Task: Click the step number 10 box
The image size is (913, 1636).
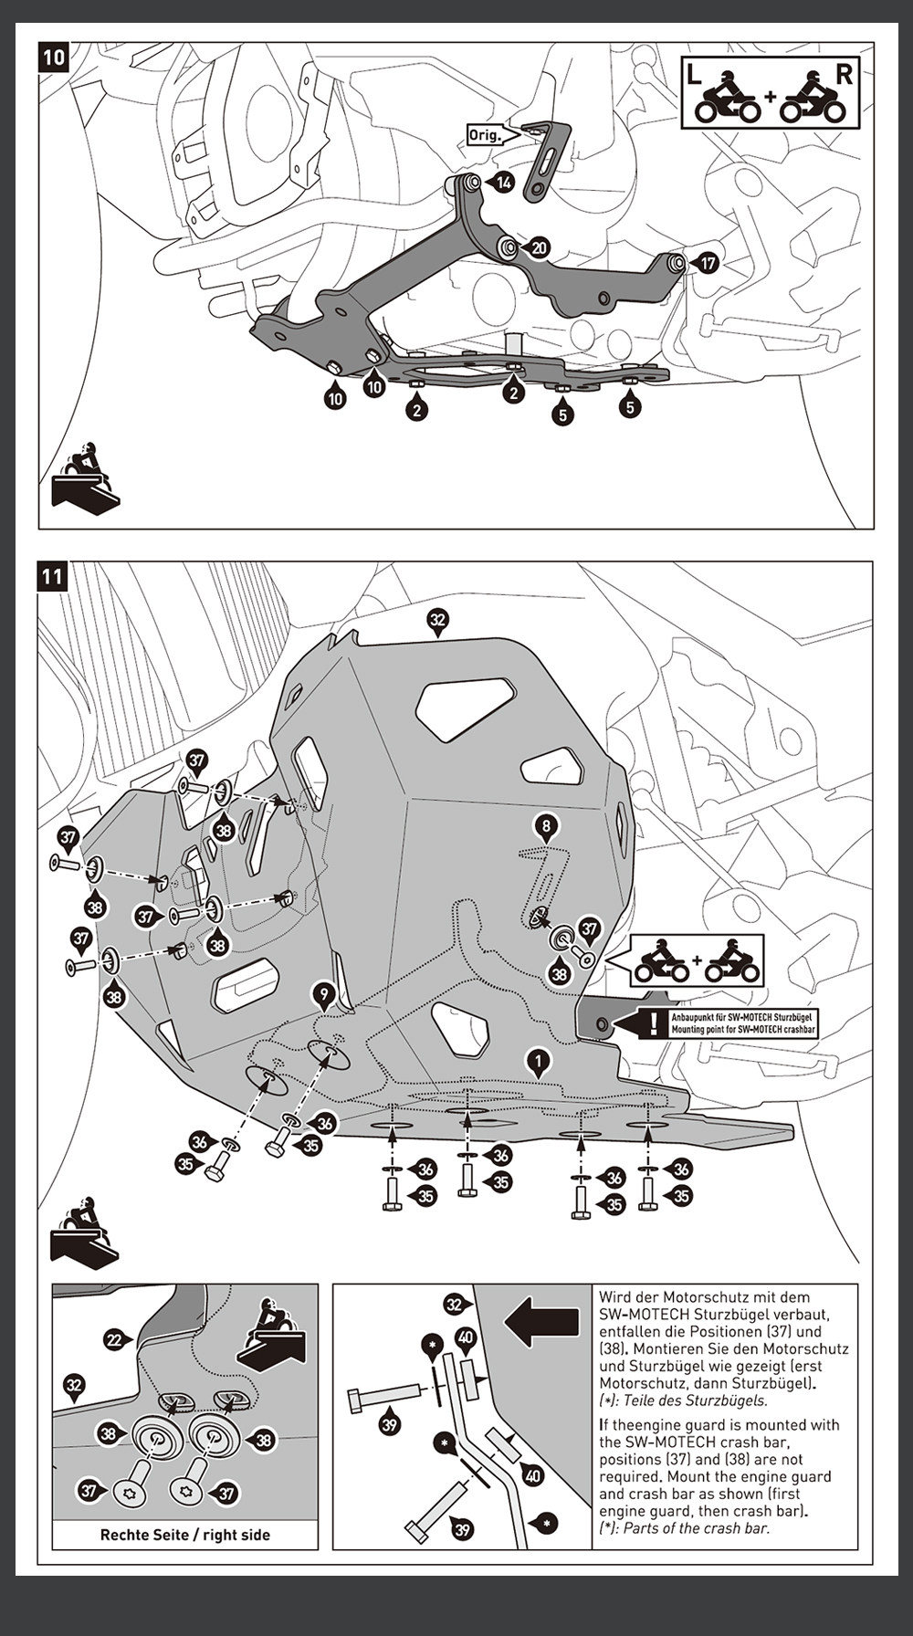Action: point(54,58)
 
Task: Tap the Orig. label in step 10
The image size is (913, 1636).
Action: point(485,134)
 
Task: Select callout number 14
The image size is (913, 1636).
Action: point(504,183)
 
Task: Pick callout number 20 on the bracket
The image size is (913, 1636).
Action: point(539,247)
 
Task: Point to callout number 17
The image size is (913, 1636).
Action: point(707,264)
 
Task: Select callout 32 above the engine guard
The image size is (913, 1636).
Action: point(438,621)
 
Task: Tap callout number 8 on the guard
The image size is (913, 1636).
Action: point(546,827)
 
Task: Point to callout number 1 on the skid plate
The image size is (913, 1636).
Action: point(540,1061)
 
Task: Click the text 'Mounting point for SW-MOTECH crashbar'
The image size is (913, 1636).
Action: point(743,1030)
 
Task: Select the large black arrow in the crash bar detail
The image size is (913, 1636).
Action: point(541,1323)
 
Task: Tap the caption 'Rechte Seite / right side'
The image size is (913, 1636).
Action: point(185,1535)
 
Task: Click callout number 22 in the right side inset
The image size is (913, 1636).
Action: point(114,1339)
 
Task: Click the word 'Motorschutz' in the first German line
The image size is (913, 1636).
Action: point(707,1296)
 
